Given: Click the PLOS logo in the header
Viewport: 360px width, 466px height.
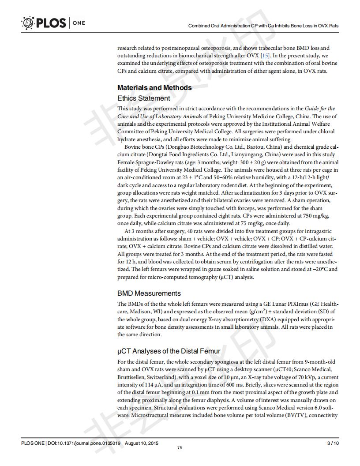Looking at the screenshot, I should (43, 23).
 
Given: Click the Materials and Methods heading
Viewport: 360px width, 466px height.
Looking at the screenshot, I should (154, 87).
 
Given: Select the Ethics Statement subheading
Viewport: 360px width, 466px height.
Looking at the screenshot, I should (143, 98).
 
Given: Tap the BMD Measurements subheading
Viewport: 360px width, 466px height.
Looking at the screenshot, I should (149, 293).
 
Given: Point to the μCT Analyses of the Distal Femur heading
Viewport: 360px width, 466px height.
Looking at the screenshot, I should (169, 351).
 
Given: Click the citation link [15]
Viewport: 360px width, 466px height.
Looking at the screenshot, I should (265, 55).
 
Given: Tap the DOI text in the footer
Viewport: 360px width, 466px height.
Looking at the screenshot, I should (83, 443).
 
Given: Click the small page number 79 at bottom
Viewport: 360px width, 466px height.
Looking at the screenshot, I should (180, 448).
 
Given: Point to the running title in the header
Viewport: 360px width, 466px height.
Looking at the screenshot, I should (263, 26).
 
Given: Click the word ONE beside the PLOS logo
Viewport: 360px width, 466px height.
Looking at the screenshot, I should (78, 23).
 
